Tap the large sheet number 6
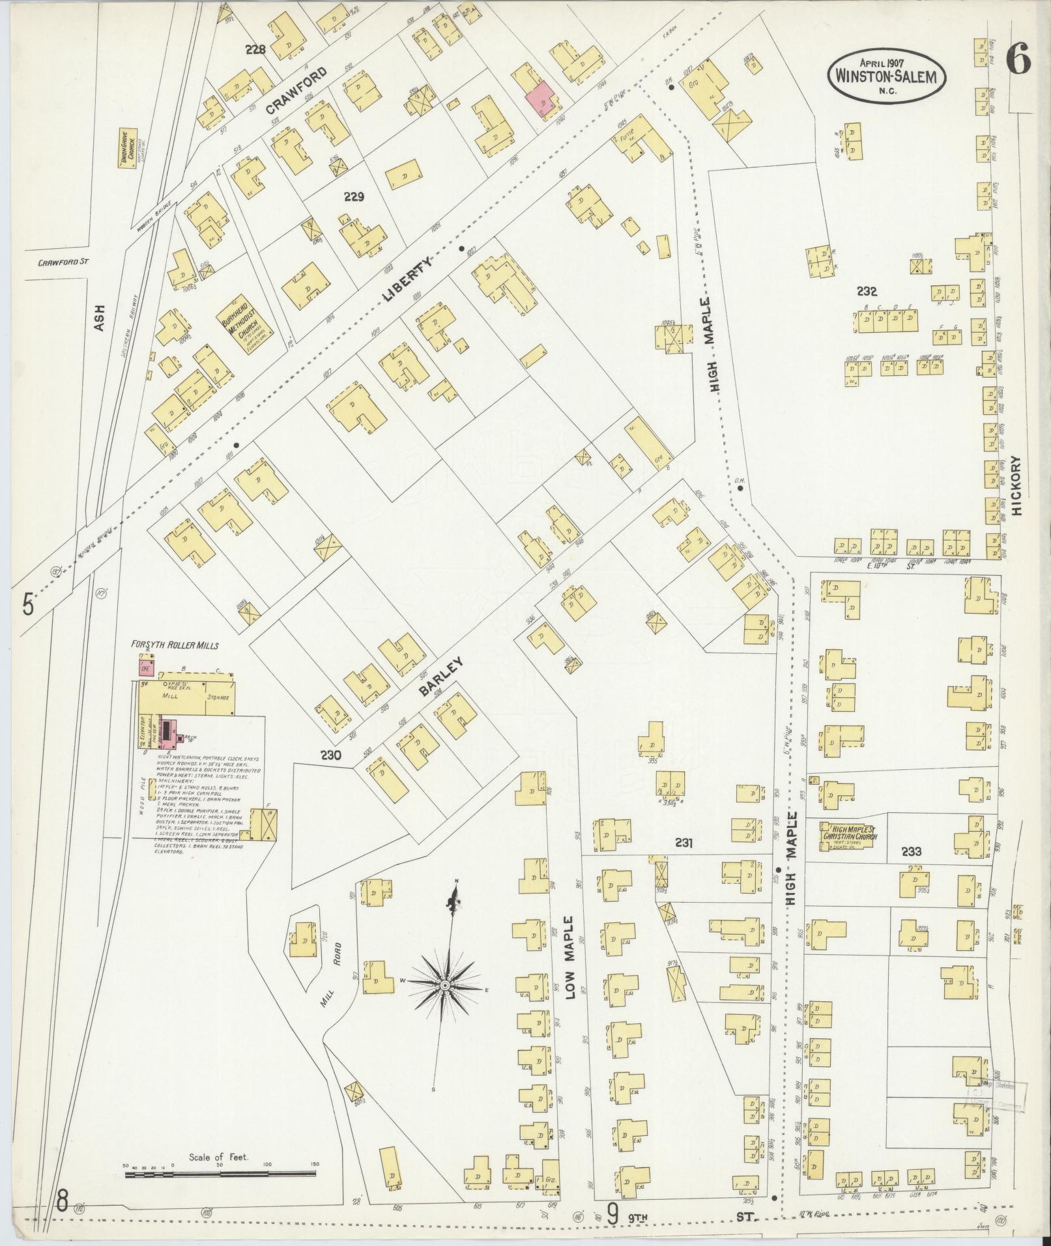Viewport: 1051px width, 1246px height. click(x=1016, y=63)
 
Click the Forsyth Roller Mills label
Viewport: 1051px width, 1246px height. click(x=175, y=645)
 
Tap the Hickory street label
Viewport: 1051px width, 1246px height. click(x=1019, y=485)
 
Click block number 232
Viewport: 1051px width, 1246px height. click(x=868, y=292)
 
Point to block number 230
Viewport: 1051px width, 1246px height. click(x=331, y=756)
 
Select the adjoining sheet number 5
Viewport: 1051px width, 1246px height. click(x=28, y=604)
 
